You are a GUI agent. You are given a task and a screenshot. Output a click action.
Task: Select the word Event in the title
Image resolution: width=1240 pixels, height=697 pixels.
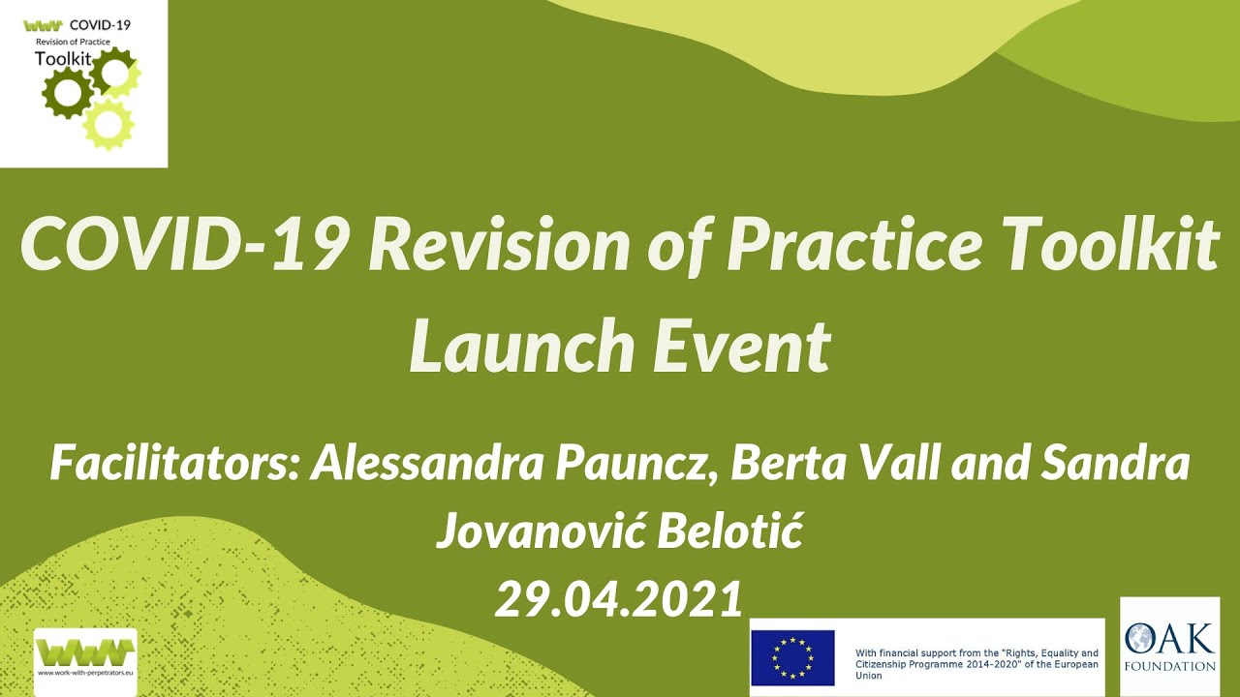pos(741,346)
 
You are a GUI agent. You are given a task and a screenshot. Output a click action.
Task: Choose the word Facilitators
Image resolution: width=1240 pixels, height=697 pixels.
pos(174,465)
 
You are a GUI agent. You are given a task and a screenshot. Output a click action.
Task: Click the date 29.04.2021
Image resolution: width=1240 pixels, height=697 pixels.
pos(619,599)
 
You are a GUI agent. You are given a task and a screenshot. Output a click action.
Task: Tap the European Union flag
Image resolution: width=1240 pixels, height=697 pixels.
pos(792,657)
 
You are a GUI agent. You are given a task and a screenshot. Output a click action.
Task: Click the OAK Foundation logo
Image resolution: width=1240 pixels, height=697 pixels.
pos(1168,647)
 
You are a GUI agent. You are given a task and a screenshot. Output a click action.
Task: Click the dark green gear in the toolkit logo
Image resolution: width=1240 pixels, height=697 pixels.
pos(67,93)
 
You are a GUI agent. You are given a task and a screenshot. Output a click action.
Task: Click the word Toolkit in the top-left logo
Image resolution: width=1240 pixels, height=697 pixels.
pos(63,58)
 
